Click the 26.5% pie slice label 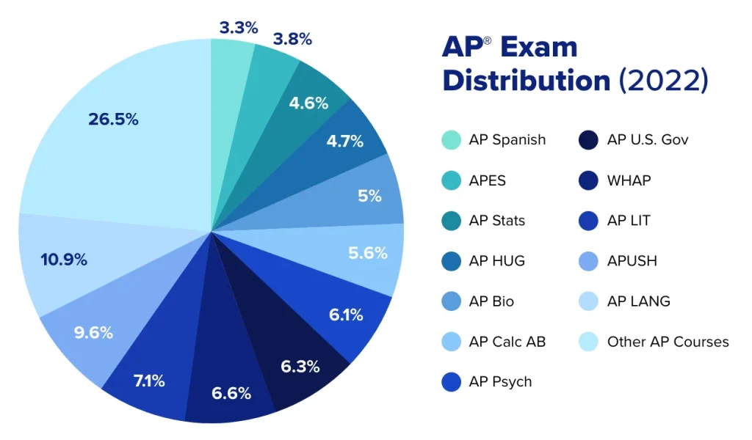click(x=113, y=120)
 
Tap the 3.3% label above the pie click(x=239, y=28)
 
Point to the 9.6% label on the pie click(x=93, y=333)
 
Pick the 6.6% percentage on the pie click(x=231, y=393)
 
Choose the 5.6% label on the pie click(x=367, y=253)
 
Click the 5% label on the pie click(x=369, y=196)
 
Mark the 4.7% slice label click(x=344, y=142)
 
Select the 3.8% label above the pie click(x=292, y=39)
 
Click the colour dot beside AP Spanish click(x=452, y=139)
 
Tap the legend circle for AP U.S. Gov click(x=590, y=139)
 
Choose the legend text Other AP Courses click(x=668, y=342)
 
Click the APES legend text click(x=487, y=180)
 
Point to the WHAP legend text click(x=629, y=180)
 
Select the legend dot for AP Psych click(x=452, y=382)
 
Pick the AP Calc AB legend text click(x=507, y=342)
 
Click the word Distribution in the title click(x=526, y=80)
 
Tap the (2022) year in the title click(x=663, y=80)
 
